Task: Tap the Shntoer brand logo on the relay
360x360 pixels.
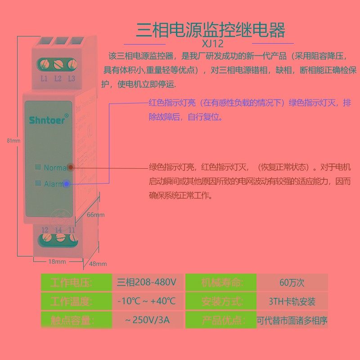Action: (49, 120)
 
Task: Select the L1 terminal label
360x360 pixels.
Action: (44, 78)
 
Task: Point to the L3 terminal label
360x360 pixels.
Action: (71, 78)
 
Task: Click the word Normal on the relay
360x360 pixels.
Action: (55, 167)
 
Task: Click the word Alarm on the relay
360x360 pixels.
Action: (54, 184)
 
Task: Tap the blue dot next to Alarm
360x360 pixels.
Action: (67, 184)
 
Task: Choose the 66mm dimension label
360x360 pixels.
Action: (95, 215)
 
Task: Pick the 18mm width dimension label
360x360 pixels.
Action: (57, 261)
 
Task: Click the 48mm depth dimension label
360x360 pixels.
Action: (98, 264)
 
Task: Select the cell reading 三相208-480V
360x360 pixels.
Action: (147, 283)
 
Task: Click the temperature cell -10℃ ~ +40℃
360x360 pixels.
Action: (147, 301)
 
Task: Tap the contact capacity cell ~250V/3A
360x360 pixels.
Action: (147, 321)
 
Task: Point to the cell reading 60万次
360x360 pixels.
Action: (292, 283)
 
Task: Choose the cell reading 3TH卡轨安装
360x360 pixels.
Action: (292, 301)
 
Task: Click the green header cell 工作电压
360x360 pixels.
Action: (72, 283)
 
